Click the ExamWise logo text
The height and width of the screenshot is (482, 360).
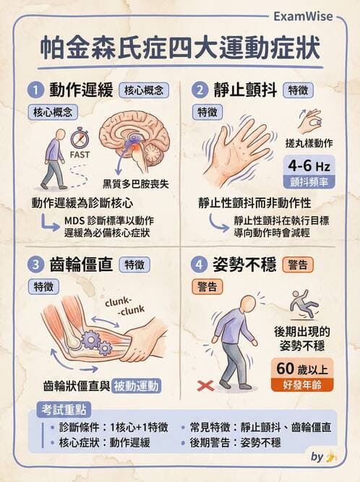pos(303,17)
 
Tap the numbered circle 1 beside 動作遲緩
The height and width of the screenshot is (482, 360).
pos(35,90)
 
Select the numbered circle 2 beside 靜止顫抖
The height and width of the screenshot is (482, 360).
pos(200,90)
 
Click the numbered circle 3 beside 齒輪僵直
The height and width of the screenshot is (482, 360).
pos(35,264)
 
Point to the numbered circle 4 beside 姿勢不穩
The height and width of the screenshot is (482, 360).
pos(200,264)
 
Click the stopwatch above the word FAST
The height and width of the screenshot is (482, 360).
pos(80,137)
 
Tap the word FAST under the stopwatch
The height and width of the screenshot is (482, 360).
pos(80,155)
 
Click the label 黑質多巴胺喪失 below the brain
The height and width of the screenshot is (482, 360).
pos(136,184)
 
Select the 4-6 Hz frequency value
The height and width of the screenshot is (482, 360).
pos(309,166)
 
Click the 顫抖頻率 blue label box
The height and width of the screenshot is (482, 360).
pos(309,182)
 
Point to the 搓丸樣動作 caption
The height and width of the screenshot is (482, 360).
pos(309,143)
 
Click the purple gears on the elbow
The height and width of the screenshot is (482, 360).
pos(97,342)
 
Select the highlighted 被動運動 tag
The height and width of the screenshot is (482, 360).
pos(136,386)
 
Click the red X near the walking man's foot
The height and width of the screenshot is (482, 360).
pos(205,385)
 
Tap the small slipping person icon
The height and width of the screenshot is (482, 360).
pos(304,304)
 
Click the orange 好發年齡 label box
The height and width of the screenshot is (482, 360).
pos(302,385)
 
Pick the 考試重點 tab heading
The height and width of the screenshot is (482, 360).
pos(64,410)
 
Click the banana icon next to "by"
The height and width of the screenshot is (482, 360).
pos(330,457)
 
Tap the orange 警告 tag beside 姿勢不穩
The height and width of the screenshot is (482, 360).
pos(298,264)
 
